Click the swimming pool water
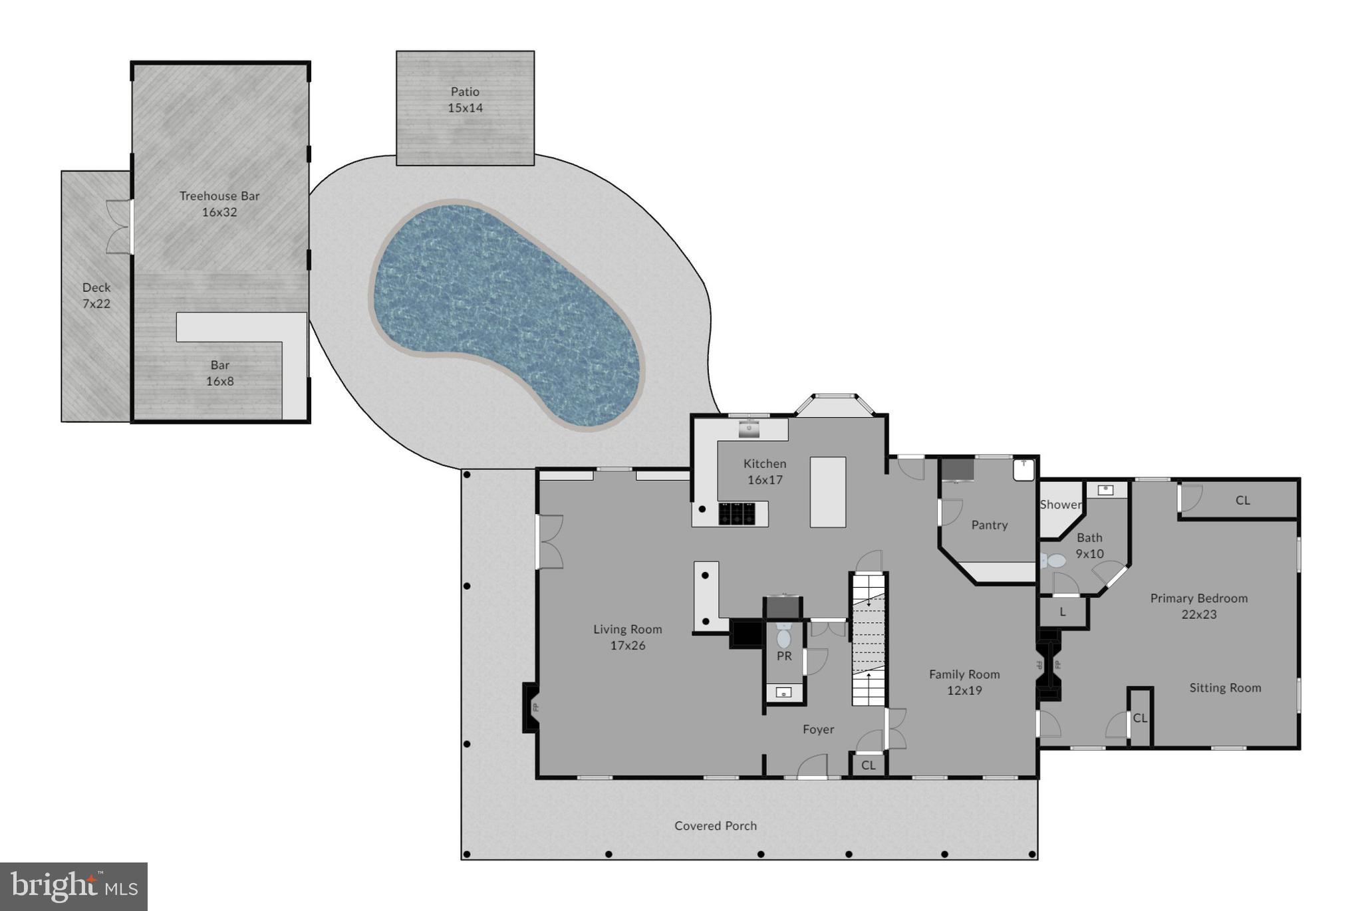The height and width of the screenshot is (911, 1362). pos(505,313)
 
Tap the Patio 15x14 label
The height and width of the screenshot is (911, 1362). pos(465,100)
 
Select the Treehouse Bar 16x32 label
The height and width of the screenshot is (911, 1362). pos(219,203)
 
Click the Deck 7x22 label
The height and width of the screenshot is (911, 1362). pos(96,295)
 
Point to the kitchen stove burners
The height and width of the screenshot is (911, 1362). pos(737,513)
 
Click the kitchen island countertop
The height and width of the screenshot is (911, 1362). pos(828,492)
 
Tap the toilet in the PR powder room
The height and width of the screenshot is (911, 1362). pos(784,638)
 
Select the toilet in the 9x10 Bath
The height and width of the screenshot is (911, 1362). pos(1054,561)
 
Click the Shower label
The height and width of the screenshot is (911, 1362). pos(1060,505)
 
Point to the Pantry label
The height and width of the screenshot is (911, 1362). pos(989,525)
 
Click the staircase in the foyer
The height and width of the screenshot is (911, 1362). pos(869,638)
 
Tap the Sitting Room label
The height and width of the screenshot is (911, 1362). pos(1225,688)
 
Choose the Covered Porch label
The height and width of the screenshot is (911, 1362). pos(716,825)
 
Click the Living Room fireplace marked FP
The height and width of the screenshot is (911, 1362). pos(532,708)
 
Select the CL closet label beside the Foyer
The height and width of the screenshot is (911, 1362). pos(868,765)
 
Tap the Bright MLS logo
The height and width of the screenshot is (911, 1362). pos(73,886)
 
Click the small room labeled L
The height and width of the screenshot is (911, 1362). pos(1063,612)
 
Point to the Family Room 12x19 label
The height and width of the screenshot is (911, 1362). pos(964,682)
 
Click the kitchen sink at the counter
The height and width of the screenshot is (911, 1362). pos(750,430)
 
